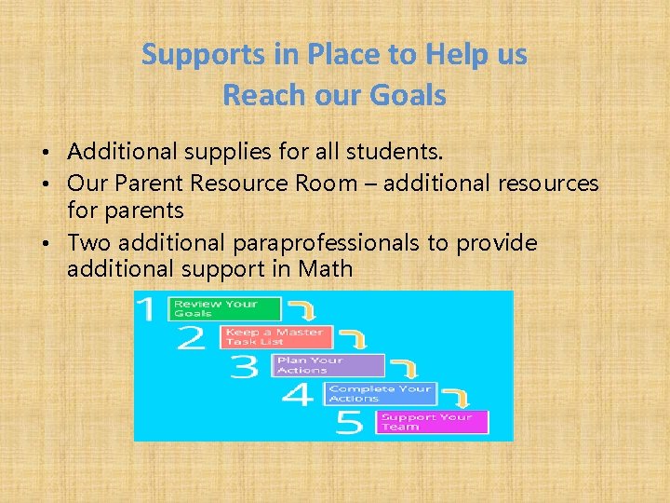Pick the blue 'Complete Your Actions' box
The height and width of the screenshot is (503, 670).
tap(380, 393)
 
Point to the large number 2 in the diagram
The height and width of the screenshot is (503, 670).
tap(192, 337)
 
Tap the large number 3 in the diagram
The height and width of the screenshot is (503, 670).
tap(244, 366)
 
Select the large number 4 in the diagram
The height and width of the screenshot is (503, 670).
tap(297, 395)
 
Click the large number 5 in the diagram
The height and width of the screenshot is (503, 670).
tap(349, 424)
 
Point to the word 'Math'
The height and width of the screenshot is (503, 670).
tap(326, 269)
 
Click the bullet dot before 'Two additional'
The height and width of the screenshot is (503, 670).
tap(58, 244)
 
